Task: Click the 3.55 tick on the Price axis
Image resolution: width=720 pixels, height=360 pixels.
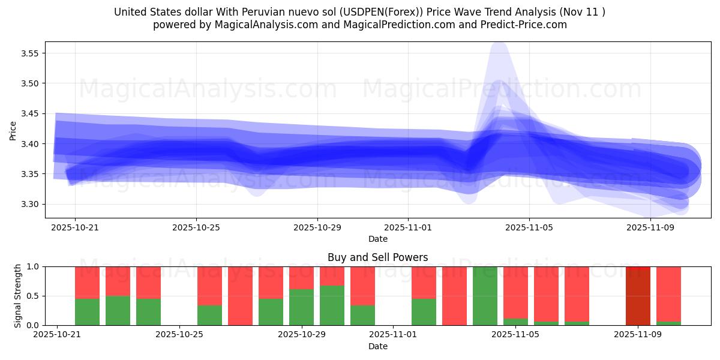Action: click(30, 53)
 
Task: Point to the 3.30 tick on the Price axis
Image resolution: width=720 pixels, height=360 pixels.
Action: click(30, 204)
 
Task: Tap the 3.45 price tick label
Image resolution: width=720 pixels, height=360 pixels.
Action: click(30, 114)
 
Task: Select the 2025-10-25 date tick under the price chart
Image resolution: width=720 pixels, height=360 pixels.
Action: click(196, 227)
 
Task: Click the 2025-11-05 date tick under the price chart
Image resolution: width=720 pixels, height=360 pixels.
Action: click(529, 227)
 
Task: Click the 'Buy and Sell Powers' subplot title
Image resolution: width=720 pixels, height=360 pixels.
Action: click(377, 257)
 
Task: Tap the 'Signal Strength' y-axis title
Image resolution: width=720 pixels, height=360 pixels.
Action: click(18, 296)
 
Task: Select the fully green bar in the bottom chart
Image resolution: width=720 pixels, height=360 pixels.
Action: click(485, 296)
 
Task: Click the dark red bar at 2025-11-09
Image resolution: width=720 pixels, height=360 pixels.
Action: click(638, 296)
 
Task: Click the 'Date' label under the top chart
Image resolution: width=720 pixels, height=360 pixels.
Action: click(377, 239)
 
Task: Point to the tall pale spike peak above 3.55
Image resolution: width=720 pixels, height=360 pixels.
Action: click(499, 46)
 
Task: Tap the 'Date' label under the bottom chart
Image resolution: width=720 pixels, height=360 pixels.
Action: click(377, 346)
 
